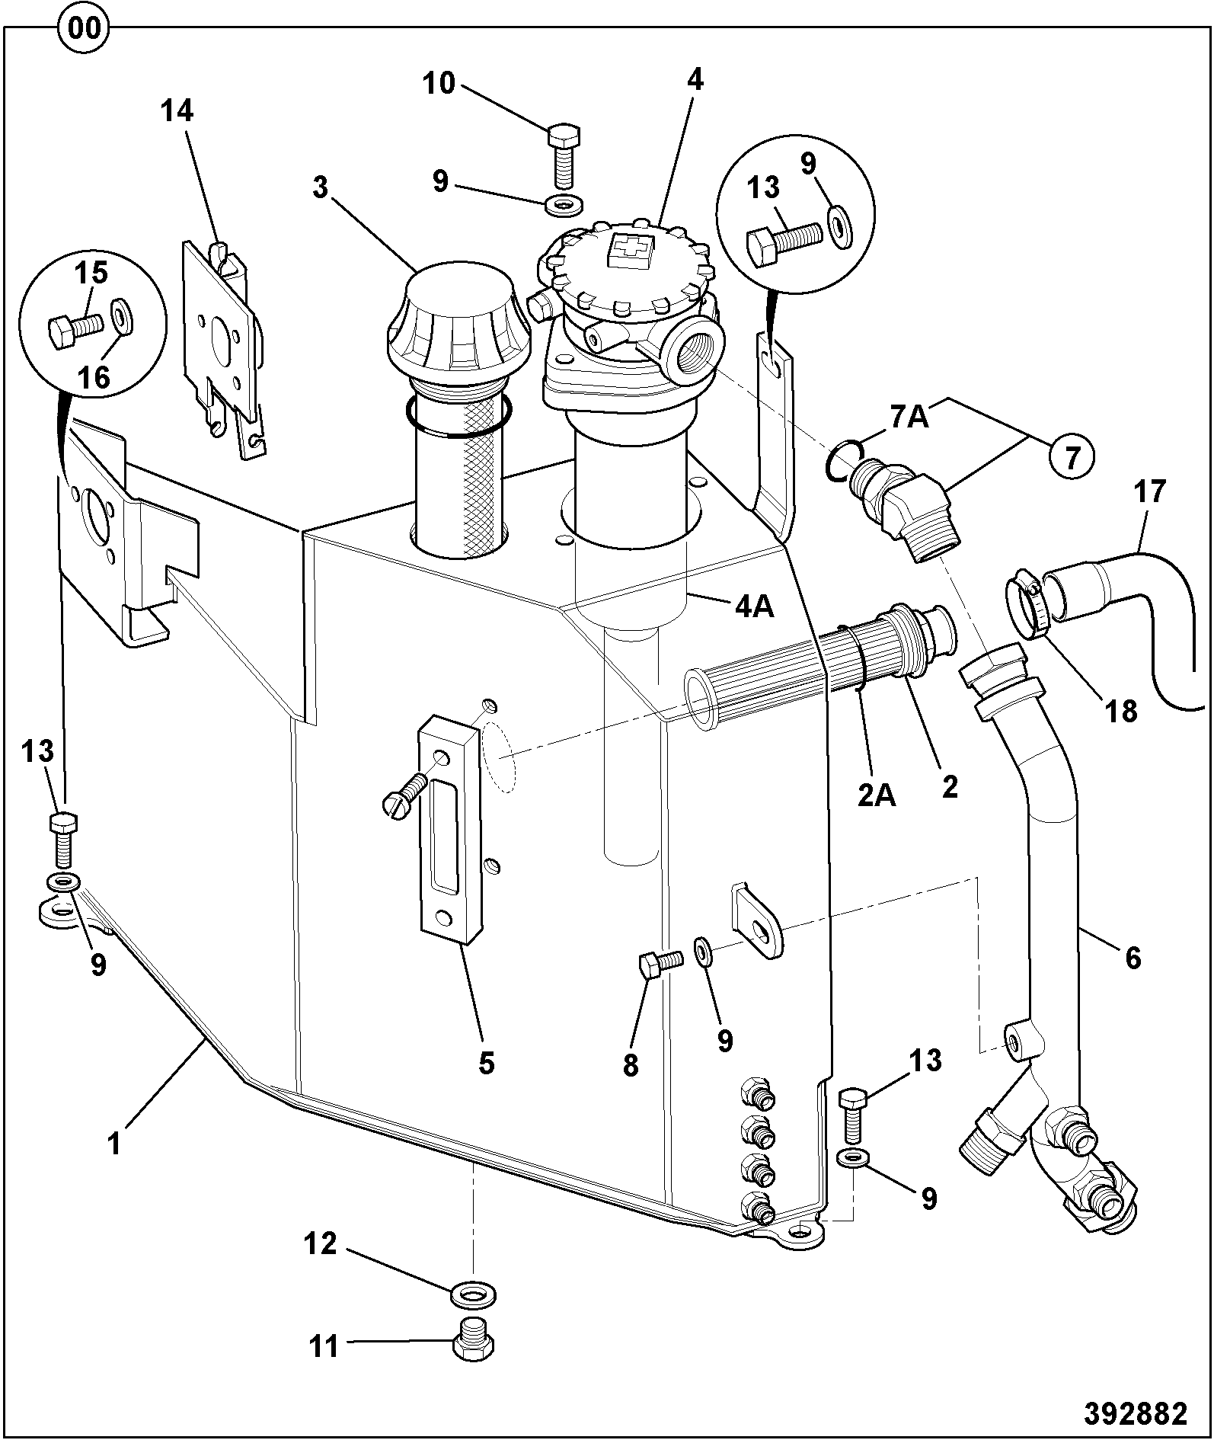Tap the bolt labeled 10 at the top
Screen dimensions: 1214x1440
point(564,155)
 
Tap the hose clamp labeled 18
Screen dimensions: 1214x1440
point(1026,608)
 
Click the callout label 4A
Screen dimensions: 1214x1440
point(754,607)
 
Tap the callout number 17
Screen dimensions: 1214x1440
point(1151,491)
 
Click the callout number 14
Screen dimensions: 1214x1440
point(177,111)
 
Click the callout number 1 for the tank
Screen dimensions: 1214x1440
point(114,1143)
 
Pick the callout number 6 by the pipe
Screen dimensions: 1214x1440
point(1133,958)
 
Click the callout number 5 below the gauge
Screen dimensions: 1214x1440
point(486,1061)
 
